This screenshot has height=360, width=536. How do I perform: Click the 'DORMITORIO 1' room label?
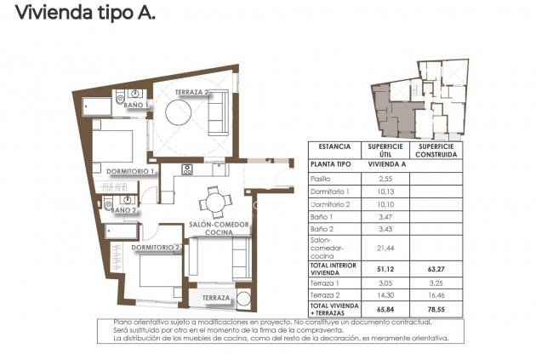[x=130, y=171]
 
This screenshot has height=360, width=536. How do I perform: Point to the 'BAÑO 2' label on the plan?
[x=123, y=209]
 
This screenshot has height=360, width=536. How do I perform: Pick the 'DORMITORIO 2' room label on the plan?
[x=155, y=247]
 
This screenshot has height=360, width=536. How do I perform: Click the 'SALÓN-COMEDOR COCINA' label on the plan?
[x=220, y=228]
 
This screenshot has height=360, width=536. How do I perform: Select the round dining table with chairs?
[x=214, y=203]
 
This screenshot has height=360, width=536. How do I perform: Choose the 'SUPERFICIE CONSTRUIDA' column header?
[x=436, y=150]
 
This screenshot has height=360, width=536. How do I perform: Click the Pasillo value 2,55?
[x=384, y=179]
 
